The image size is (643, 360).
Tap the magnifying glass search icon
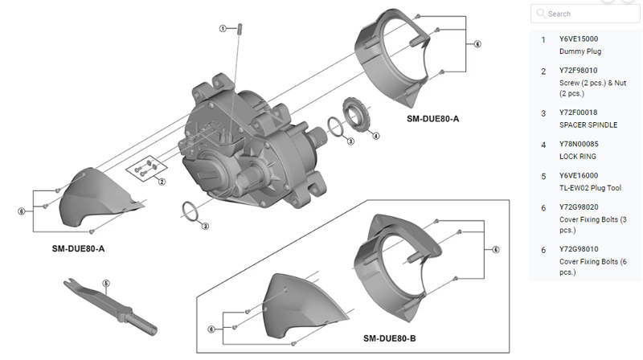click(540, 14)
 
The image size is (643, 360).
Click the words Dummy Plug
click(580, 51)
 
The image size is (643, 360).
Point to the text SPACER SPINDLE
click(588, 126)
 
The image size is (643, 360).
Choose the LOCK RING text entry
click(578, 157)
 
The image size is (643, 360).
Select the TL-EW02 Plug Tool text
click(590, 187)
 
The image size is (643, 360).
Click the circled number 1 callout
click(223, 28)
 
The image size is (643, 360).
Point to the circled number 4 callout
click(375, 136)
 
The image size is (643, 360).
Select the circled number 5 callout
click(105, 283)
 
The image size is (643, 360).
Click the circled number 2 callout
click(161, 182)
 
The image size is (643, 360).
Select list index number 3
click(543, 113)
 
